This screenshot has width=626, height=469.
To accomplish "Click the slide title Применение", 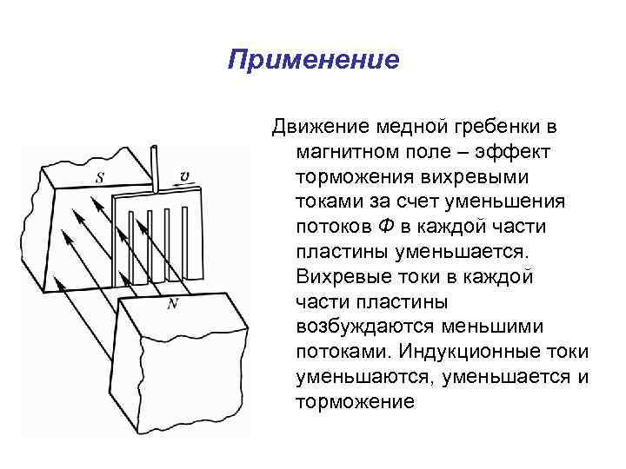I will tap(313, 60).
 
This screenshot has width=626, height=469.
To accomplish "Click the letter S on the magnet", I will tap(102, 179).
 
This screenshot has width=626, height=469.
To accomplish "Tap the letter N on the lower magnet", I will tap(171, 303).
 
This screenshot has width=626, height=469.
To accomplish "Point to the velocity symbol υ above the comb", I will tap(184, 176).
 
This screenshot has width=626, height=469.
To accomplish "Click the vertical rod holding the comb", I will tap(156, 170).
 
